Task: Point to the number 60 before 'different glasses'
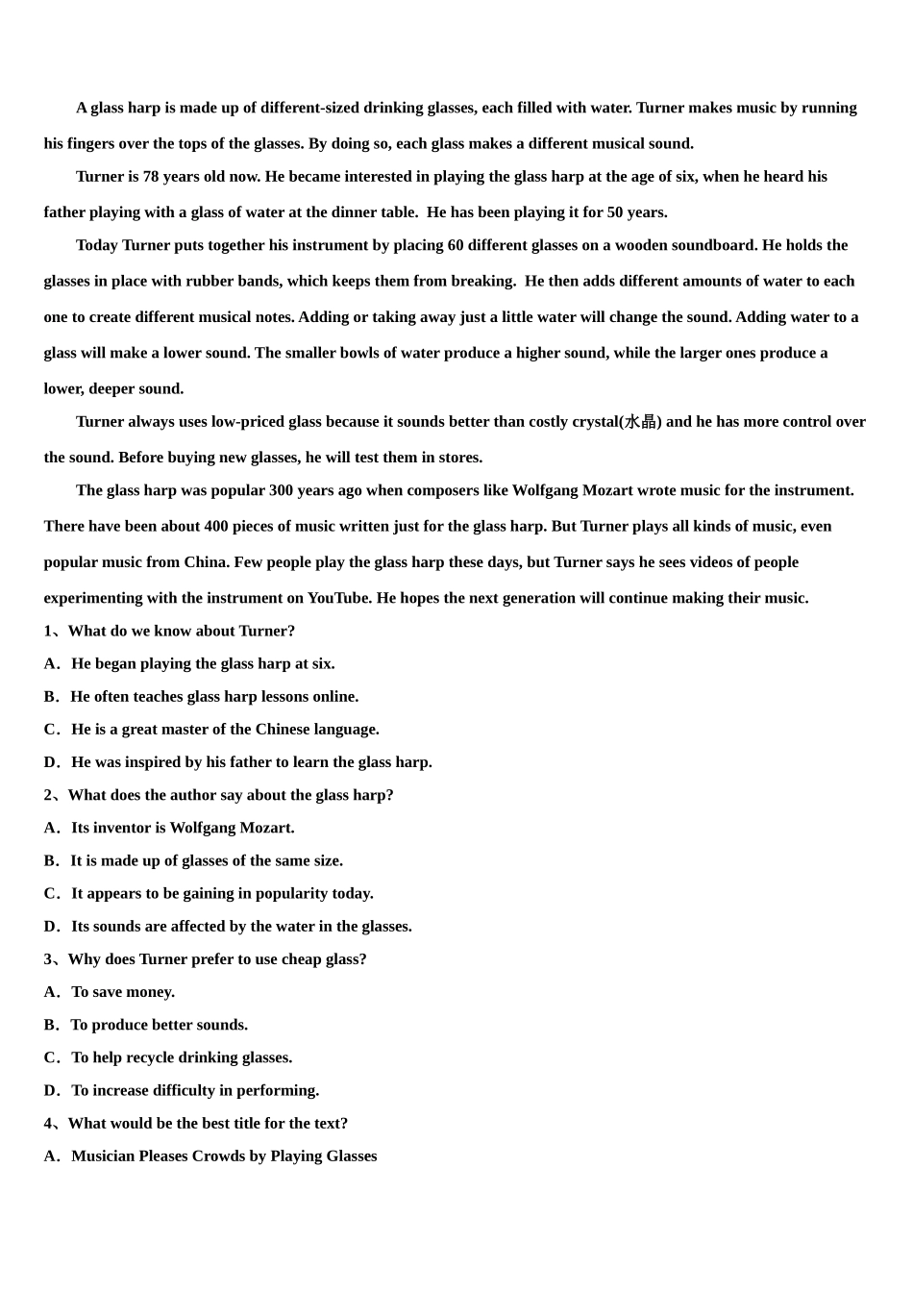455,245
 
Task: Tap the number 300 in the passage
281,490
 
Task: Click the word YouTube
338,598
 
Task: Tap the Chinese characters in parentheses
640,422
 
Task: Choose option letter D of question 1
51,762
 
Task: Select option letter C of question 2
51,893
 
